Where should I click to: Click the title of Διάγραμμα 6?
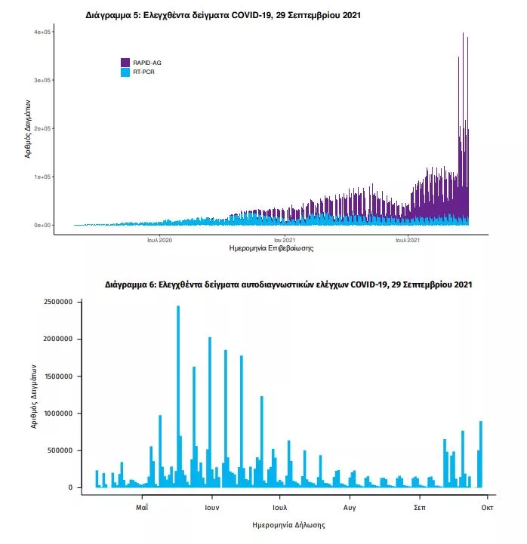(x=288, y=285)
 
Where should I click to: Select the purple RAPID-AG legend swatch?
(x=125, y=63)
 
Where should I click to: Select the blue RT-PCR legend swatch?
(x=125, y=72)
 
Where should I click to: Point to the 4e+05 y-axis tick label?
(x=42, y=32)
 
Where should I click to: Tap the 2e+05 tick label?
(x=42, y=128)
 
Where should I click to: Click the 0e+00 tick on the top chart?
(x=42, y=225)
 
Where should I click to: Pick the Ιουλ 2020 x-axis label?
(x=160, y=240)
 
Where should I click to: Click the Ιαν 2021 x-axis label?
(x=284, y=240)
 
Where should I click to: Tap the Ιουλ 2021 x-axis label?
(x=408, y=240)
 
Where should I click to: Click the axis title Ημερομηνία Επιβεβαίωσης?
(x=270, y=248)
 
